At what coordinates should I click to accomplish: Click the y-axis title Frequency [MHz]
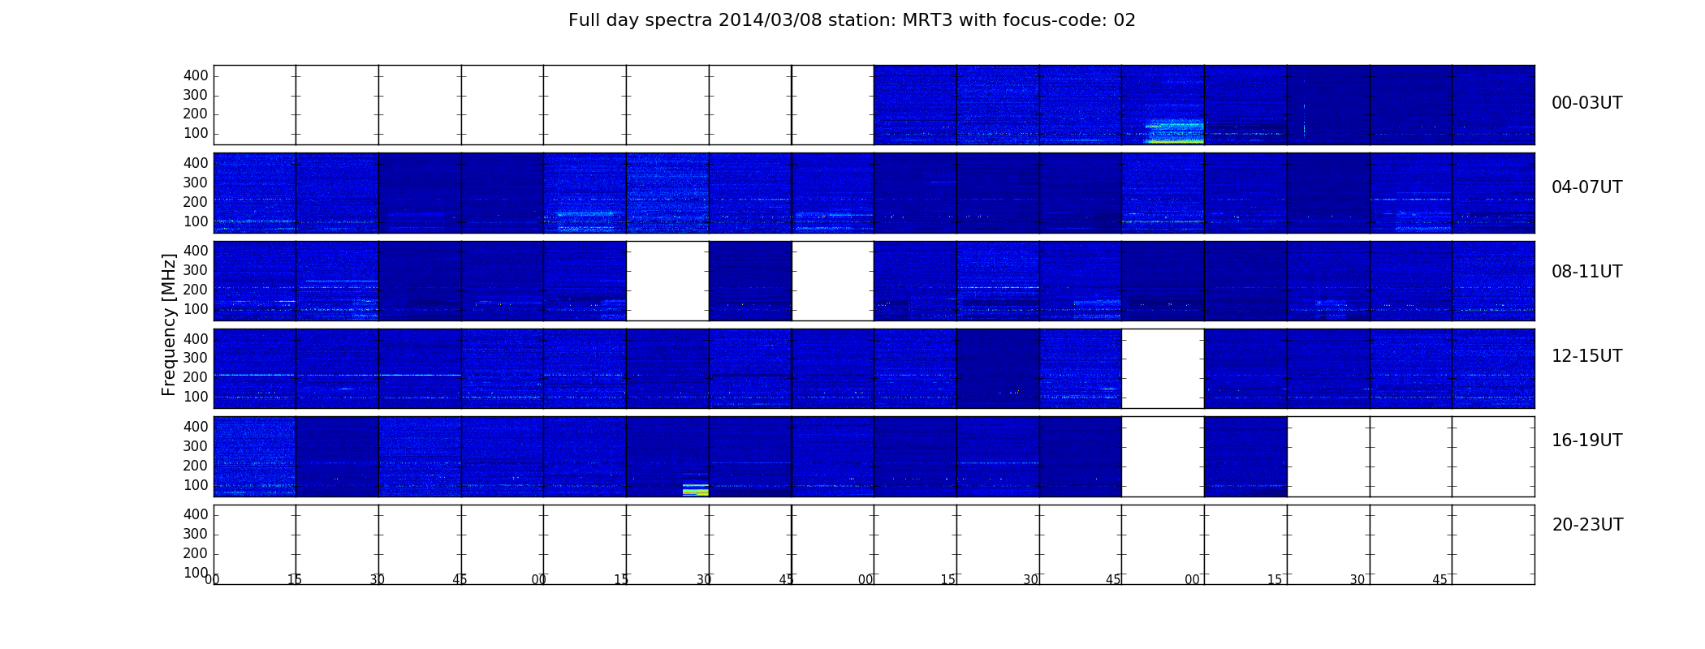tap(169, 324)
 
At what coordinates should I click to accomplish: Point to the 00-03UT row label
tap(1586, 103)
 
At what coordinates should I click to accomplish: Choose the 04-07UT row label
tap(1586, 187)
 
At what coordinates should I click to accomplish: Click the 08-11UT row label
tap(1586, 272)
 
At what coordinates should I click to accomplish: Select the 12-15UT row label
tap(1586, 356)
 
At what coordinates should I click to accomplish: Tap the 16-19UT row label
tap(1586, 441)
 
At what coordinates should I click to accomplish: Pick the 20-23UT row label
tap(1587, 525)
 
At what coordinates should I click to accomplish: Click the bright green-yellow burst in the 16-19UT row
tap(696, 490)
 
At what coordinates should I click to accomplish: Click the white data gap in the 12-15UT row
tap(1163, 368)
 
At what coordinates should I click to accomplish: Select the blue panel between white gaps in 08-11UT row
tap(750, 281)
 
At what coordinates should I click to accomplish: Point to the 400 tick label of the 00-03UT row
tap(196, 75)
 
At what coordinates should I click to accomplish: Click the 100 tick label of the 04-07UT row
tap(196, 221)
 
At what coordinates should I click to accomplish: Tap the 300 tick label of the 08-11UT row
tap(196, 270)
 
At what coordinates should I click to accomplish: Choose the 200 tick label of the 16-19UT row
tap(196, 466)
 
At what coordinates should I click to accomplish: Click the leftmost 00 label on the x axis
tap(213, 580)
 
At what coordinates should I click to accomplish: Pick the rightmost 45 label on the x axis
tap(1440, 580)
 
